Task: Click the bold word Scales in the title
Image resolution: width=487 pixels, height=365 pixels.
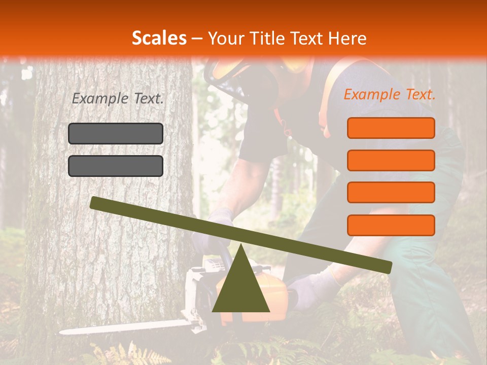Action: coord(159,38)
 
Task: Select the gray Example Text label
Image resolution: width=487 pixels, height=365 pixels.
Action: coord(118,99)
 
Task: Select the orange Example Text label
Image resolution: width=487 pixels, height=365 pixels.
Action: coord(390,94)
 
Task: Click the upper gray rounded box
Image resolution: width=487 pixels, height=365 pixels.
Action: coord(116,133)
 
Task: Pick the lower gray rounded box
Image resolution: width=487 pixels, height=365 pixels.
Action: coord(116,166)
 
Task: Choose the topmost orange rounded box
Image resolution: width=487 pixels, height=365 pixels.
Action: coord(391,128)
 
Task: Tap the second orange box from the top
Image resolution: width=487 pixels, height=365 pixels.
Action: coord(391,160)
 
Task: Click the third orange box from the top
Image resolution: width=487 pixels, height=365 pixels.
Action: coord(391,193)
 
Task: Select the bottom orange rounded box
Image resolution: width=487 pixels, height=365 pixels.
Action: coord(391,225)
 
